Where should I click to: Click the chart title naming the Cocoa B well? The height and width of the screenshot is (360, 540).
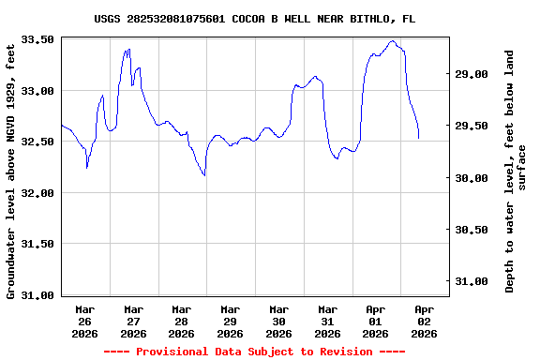click(255, 19)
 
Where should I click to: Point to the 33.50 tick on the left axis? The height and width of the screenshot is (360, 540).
click(38, 39)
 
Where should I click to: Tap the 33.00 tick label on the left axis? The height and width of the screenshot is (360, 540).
click(38, 91)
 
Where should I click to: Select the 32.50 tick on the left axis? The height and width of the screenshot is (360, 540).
click(38, 142)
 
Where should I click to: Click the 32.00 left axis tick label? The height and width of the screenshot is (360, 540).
click(38, 193)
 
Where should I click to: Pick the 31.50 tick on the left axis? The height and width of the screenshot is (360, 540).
click(38, 244)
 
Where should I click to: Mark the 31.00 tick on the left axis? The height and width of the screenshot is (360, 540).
click(38, 295)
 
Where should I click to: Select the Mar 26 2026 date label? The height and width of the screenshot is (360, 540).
click(85, 321)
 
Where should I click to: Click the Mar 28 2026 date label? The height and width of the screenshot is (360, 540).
click(182, 321)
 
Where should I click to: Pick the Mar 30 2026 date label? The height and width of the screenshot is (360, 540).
click(278, 321)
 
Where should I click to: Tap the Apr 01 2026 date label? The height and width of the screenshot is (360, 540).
click(375, 321)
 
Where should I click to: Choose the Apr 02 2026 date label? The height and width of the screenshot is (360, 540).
click(424, 321)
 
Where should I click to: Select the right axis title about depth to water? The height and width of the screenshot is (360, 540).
click(516, 170)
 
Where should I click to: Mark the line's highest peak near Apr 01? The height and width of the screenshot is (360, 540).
click(392, 41)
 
